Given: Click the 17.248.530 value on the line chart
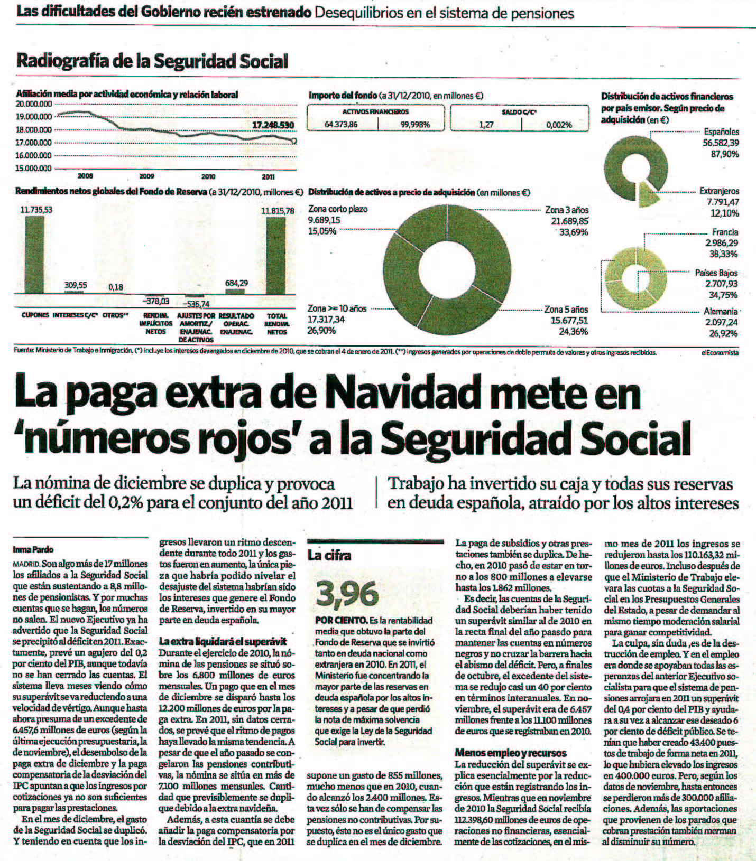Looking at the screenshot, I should tap(273, 125).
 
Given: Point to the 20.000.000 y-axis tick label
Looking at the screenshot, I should tap(34, 104).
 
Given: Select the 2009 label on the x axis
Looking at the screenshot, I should tap(146, 176).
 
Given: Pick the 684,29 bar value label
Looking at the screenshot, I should tap(236, 283).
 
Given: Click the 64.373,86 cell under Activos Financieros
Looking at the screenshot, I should tap(341, 125).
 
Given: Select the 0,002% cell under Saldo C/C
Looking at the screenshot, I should tap(559, 125).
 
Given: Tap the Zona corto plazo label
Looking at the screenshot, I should tap(337, 209).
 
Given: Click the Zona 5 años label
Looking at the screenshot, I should tap(566, 310).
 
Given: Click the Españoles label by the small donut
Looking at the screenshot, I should tap(721, 132).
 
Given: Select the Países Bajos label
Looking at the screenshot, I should tap(716, 273).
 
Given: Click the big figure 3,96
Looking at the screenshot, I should tap(347, 594).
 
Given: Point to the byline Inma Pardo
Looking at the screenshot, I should tap(33, 549).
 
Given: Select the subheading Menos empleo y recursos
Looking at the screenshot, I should tap(511, 753).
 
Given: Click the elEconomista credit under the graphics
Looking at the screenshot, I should tap(720, 352).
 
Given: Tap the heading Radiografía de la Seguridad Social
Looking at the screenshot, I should tap(152, 61).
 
